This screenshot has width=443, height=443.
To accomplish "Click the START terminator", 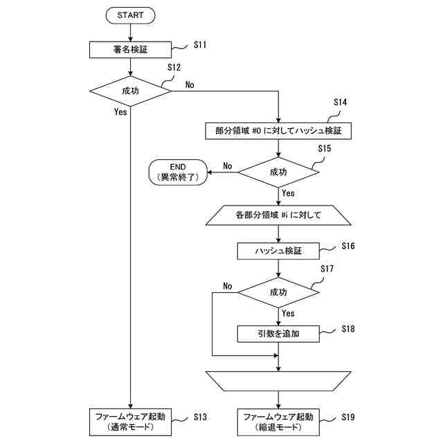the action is (130, 15).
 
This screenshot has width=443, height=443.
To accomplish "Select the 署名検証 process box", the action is (130, 50).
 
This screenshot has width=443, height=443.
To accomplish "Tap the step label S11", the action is (200, 45).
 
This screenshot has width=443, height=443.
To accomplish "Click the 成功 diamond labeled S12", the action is (130, 91).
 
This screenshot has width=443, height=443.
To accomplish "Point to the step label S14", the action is (340, 102).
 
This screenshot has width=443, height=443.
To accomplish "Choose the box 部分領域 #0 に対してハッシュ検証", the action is (278, 131).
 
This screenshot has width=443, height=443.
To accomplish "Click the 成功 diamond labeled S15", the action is (278, 172).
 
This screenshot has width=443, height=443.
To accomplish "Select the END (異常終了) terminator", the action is (178, 172).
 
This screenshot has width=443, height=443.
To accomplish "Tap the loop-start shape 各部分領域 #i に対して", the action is (278, 215).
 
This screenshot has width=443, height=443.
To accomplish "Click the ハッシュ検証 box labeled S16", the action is (278, 251).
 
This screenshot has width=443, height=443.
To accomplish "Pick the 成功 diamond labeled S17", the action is (278, 292).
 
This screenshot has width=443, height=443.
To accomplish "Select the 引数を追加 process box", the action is (278, 334).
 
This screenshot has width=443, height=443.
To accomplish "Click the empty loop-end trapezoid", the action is (278, 381).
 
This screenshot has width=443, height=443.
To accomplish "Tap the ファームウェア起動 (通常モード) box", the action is (130, 422).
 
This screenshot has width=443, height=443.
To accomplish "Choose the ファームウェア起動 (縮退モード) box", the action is (278, 422).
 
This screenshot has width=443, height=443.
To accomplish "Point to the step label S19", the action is (348, 417).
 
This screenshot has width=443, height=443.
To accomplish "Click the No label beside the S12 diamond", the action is (190, 84).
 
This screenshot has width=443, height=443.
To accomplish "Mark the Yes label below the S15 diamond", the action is (288, 193).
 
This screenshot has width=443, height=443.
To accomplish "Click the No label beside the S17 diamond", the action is (228, 286).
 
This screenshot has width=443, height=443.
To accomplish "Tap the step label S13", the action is (200, 417).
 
